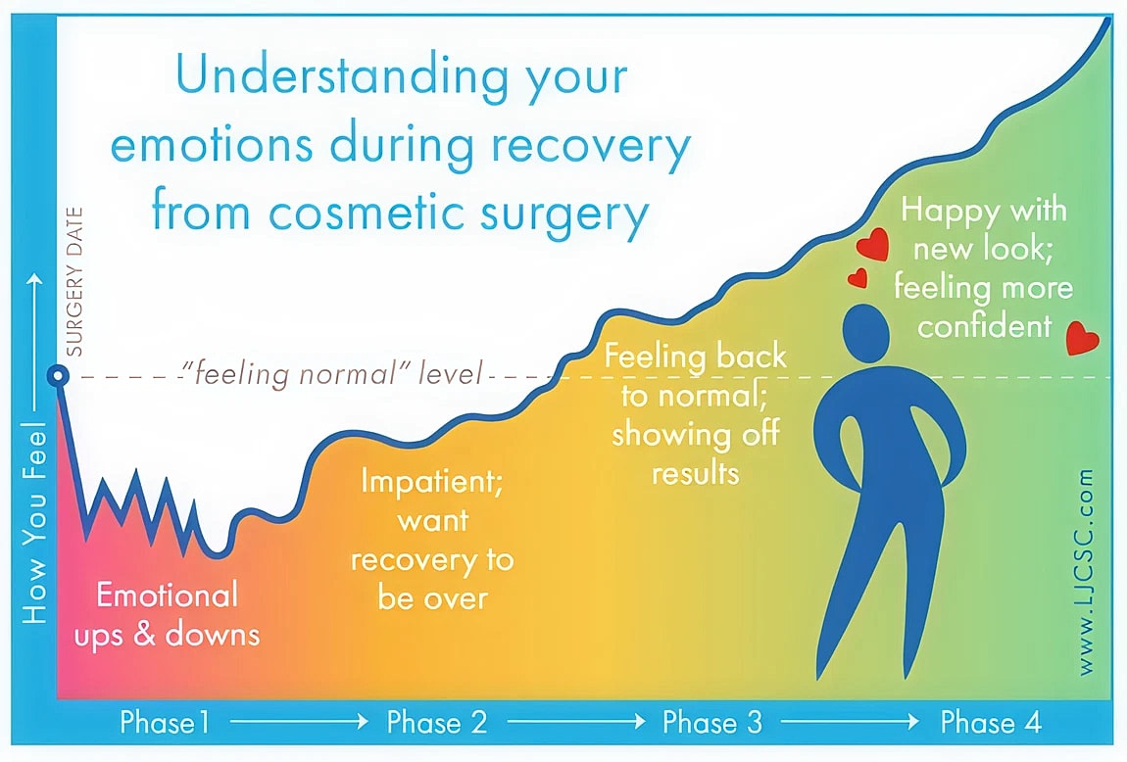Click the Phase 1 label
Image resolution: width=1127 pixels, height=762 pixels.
coord(165,724)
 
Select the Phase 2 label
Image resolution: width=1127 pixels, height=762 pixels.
coord(437,724)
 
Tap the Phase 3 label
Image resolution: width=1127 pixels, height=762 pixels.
coord(711,724)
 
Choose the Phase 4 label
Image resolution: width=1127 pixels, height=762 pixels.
coord(990,724)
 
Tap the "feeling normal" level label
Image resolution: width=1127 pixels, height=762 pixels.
coord(333,375)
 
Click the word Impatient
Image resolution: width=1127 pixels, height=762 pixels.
coord(432,482)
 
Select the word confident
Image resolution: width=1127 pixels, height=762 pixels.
coord(985,325)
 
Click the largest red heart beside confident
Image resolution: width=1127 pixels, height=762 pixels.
coord(1082,338)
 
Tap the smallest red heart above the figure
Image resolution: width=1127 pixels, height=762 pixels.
coord(857,279)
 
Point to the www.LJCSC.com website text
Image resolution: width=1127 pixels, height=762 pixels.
coord(1085,572)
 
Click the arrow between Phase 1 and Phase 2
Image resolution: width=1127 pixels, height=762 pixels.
coord(299,724)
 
